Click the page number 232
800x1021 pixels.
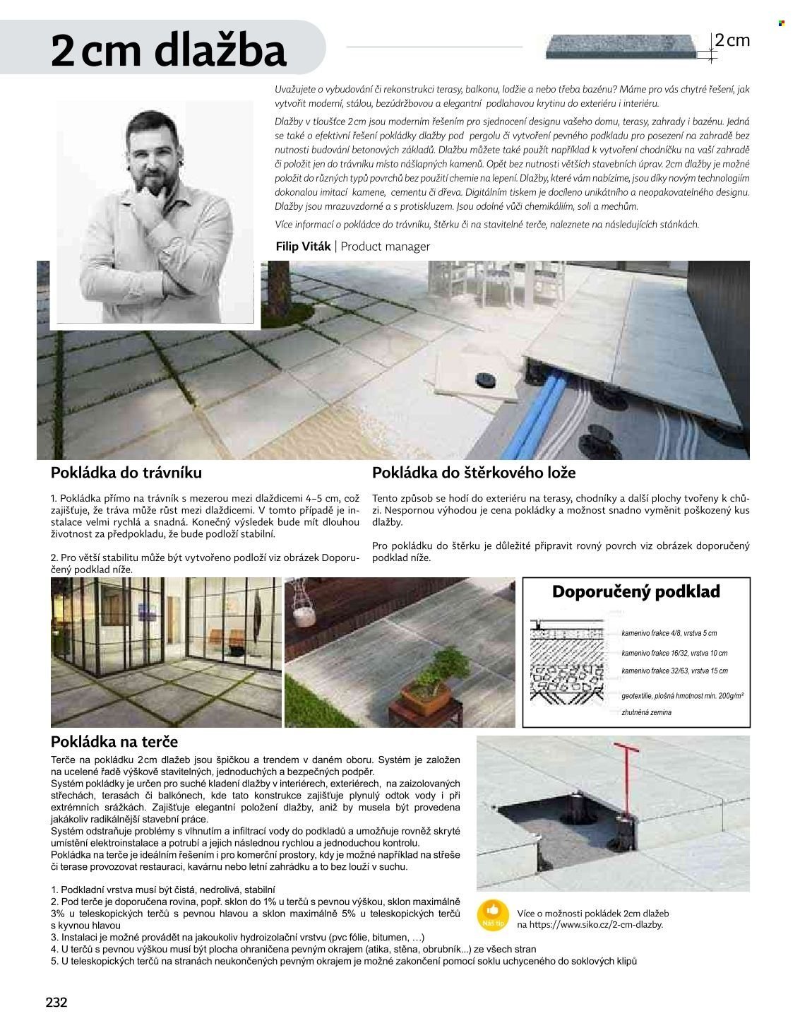point(56,1002)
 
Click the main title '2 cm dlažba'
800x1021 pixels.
point(169,51)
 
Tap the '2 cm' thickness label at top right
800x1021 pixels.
point(732,40)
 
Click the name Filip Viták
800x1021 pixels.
point(303,247)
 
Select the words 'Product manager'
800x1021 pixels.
point(385,247)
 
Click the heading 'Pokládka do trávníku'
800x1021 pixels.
point(126,472)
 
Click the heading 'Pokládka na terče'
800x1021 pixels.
point(114,742)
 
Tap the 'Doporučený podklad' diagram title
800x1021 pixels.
point(635,591)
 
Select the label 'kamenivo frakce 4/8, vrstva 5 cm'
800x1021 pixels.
point(669,634)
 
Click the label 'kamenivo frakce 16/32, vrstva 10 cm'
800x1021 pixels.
point(674,654)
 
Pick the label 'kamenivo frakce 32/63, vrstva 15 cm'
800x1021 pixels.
point(674,671)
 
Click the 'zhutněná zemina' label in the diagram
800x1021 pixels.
point(647,713)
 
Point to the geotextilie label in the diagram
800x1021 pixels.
point(682,696)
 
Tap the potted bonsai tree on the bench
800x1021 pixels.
point(426,685)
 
